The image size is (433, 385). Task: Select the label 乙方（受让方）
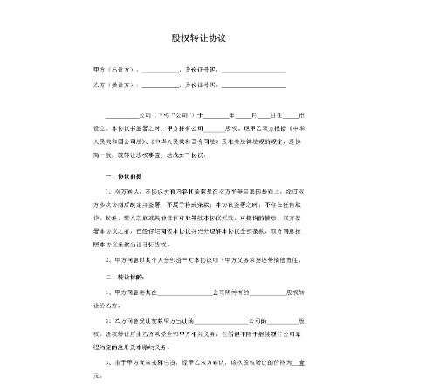pos(113,86)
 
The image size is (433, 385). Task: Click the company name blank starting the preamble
pos(122,115)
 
